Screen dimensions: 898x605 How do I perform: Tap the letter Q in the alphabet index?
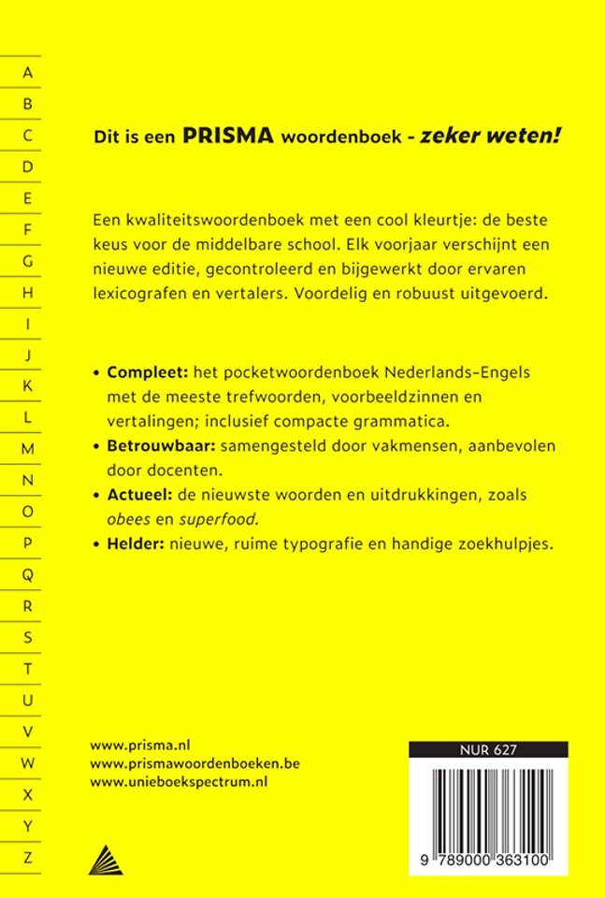coord(28,573)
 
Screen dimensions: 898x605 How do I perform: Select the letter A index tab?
coord(28,72)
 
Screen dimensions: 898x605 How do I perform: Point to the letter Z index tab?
coord(28,856)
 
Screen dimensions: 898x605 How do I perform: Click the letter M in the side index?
coord(28,449)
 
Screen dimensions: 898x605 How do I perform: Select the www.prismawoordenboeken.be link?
coord(194,763)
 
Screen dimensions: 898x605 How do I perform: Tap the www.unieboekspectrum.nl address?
coord(179,782)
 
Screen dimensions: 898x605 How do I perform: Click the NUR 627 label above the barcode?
coord(489,749)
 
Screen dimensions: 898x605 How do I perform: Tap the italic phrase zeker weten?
coord(504,136)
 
